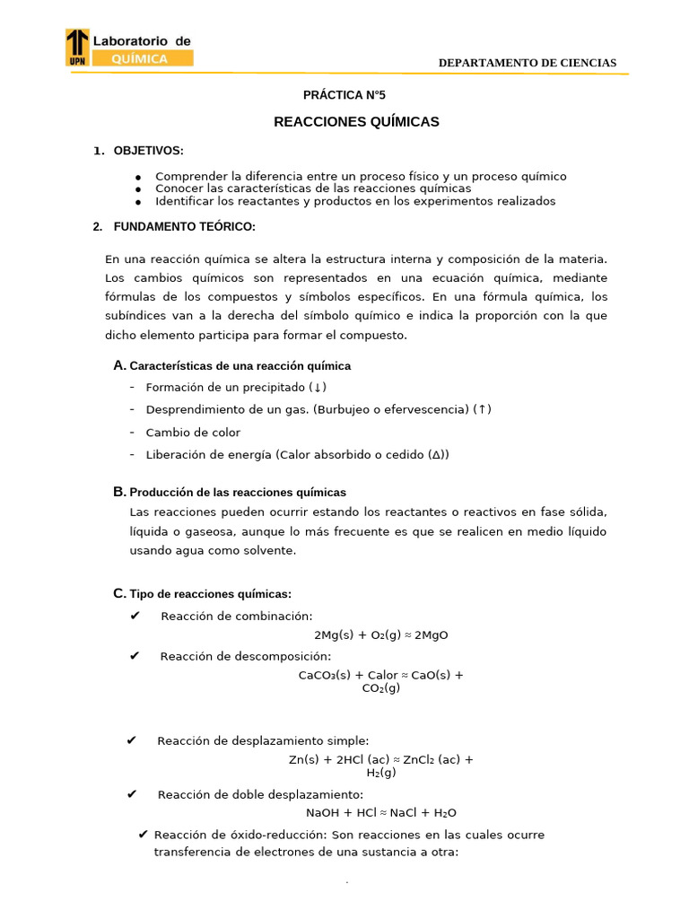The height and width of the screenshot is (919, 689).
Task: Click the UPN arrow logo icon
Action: coord(78,48)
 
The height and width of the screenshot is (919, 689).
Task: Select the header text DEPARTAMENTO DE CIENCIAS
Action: coord(527,63)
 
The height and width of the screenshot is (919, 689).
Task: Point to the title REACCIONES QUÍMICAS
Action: coord(356,122)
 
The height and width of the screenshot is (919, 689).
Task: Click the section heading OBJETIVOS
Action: coord(148,151)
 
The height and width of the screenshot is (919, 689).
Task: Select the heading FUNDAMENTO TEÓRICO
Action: coord(184,226)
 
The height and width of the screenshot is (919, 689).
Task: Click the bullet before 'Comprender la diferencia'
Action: coord(139,178)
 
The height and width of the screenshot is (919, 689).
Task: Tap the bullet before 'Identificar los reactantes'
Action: coord(139,202)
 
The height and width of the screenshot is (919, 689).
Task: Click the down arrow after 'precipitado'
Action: coord(318,388)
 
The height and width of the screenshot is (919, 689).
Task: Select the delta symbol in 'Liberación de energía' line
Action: coord(436,455)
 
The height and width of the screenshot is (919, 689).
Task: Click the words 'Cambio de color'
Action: coord(193,433)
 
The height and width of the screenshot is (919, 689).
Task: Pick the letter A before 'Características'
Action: coord(118,365)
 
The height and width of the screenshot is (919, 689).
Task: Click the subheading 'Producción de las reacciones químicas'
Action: coord(238,493)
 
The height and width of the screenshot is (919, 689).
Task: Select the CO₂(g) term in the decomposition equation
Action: coord(381,688)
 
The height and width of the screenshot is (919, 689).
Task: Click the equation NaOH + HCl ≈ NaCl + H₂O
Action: coord(381,813)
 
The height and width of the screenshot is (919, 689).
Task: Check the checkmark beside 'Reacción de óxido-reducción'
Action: coord(144,835)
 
